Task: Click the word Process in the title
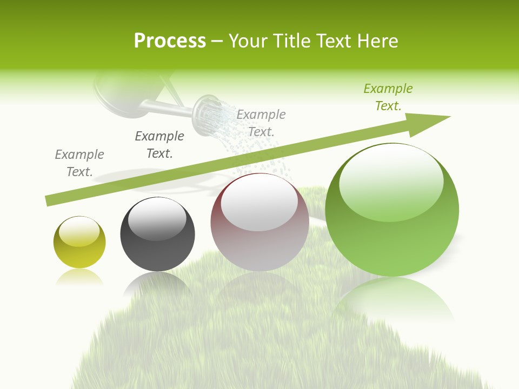point(170,41)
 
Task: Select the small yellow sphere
point(79,243)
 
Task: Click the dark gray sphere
point(157,234)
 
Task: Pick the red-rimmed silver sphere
point(259,222)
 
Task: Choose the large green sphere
point(392,210)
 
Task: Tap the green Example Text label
point(388,97)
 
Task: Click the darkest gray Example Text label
point(159,145)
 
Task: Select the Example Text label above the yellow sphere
point(79,163)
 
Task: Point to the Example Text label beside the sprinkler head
point(261,123)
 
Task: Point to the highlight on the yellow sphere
point(79,232)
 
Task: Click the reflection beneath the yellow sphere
point(79,277)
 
